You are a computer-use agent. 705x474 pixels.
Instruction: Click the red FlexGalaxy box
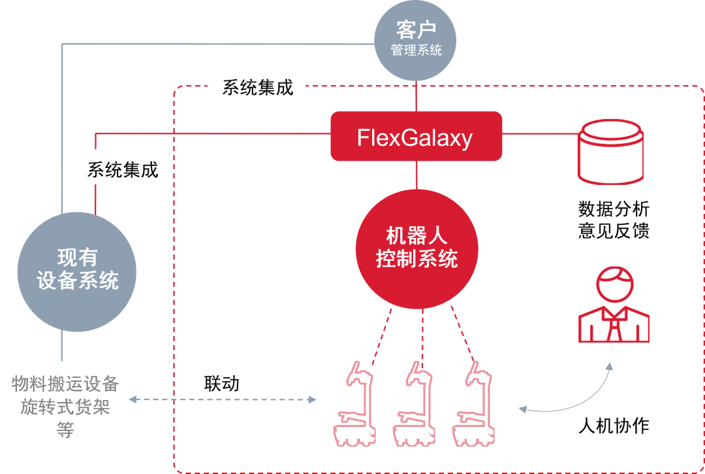coord(416,136)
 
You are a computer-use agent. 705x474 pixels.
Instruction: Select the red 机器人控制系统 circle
coord(416,249)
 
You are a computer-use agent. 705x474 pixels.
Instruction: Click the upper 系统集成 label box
coord(257,88)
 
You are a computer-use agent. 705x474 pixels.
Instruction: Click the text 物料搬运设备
coord(65,384)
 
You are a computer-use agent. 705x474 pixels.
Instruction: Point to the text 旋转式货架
coord(65,407)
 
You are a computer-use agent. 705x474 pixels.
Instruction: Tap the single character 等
coord(65,430)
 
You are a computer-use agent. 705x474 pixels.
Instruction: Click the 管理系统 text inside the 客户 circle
coord(416,50)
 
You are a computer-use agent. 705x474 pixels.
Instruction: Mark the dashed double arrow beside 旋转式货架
coord(222,399)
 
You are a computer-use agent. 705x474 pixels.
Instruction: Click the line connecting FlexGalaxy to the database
coord(540,134)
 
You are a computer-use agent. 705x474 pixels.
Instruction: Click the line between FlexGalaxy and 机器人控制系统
coord(416,175)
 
